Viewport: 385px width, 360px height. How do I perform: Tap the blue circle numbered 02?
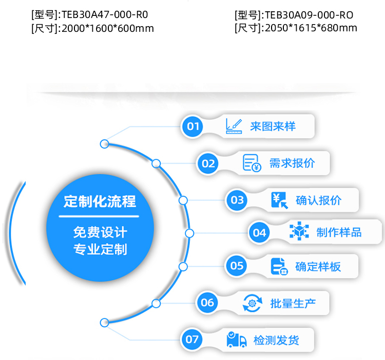(208, 164)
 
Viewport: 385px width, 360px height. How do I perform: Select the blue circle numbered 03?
(237, 200)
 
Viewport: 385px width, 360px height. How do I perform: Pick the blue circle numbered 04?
(259, 233)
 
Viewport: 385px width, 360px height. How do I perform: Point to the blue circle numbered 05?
(237, 266)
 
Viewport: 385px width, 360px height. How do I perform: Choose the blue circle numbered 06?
(207, 303)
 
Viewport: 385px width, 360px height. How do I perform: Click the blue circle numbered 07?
(192, 339)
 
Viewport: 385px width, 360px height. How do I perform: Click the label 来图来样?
(273, 126)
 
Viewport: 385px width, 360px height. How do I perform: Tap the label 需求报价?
(292, 163)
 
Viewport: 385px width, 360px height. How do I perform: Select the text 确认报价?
(318, 200)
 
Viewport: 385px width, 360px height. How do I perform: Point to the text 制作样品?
(339, 232)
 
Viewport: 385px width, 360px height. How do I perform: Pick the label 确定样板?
(318, 266)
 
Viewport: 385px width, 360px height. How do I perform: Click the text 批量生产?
(293, 303)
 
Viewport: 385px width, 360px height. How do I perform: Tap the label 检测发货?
(276, 339)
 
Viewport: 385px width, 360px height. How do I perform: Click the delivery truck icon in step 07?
(237, 339)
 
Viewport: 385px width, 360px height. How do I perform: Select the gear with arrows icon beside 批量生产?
(252, 303)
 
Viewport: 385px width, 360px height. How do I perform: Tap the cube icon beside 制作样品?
(299, 232)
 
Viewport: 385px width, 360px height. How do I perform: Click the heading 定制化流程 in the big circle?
(100, 201)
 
